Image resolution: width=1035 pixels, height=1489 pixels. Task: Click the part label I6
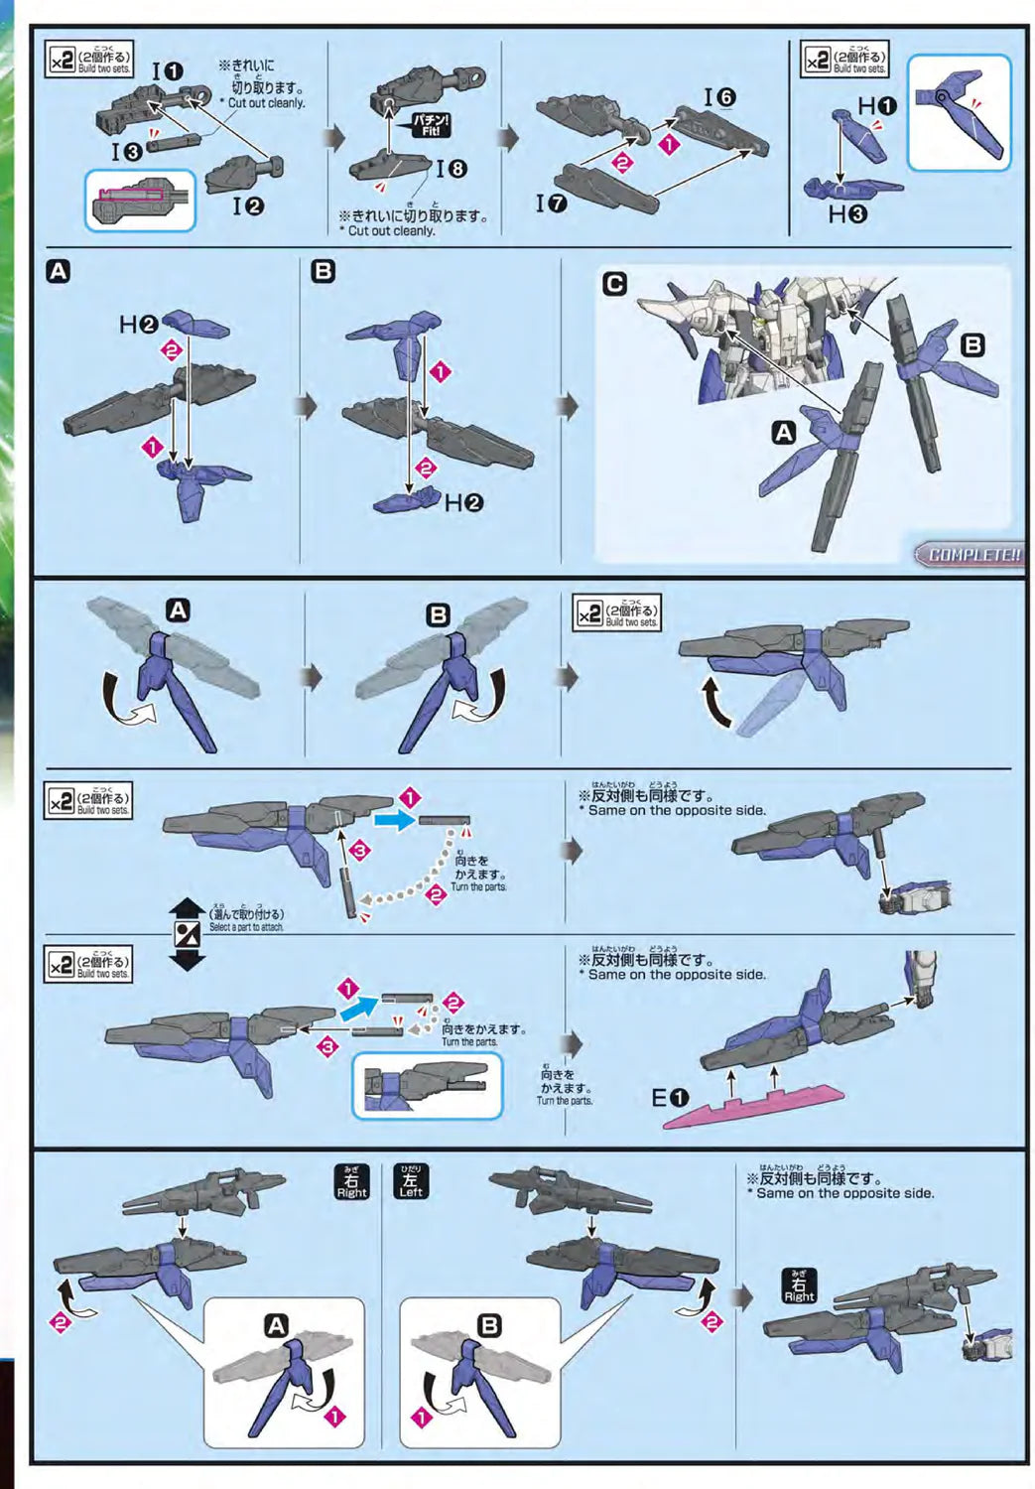(719, 97)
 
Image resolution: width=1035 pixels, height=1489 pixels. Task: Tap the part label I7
(551, 203)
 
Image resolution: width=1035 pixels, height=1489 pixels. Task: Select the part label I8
(451, 169)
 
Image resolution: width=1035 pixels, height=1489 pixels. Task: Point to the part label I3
(127, 151)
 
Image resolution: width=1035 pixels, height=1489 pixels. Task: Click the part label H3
(846, 213)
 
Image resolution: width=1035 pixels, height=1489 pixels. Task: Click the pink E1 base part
(754, 1106)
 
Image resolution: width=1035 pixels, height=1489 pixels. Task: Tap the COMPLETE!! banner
(970, 554)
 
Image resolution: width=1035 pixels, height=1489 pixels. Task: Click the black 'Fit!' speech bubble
(432, 125)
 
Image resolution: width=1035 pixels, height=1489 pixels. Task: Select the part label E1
(670, 1098)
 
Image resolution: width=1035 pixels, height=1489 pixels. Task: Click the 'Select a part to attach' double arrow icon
(187, 934)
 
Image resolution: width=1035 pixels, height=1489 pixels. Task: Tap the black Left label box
(411, 1181)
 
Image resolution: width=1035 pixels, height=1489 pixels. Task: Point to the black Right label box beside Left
(351, 1181)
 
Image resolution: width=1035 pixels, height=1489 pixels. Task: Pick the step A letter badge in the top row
(59, 271)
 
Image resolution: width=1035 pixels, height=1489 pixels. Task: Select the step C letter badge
(614, 284)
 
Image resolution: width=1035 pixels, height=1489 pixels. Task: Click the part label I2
(248, 205)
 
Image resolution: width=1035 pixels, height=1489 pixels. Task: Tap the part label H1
(876, 105)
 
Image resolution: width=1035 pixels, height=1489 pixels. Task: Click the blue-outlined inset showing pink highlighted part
(140, 201)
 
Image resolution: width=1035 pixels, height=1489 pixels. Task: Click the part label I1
(167, 71)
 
